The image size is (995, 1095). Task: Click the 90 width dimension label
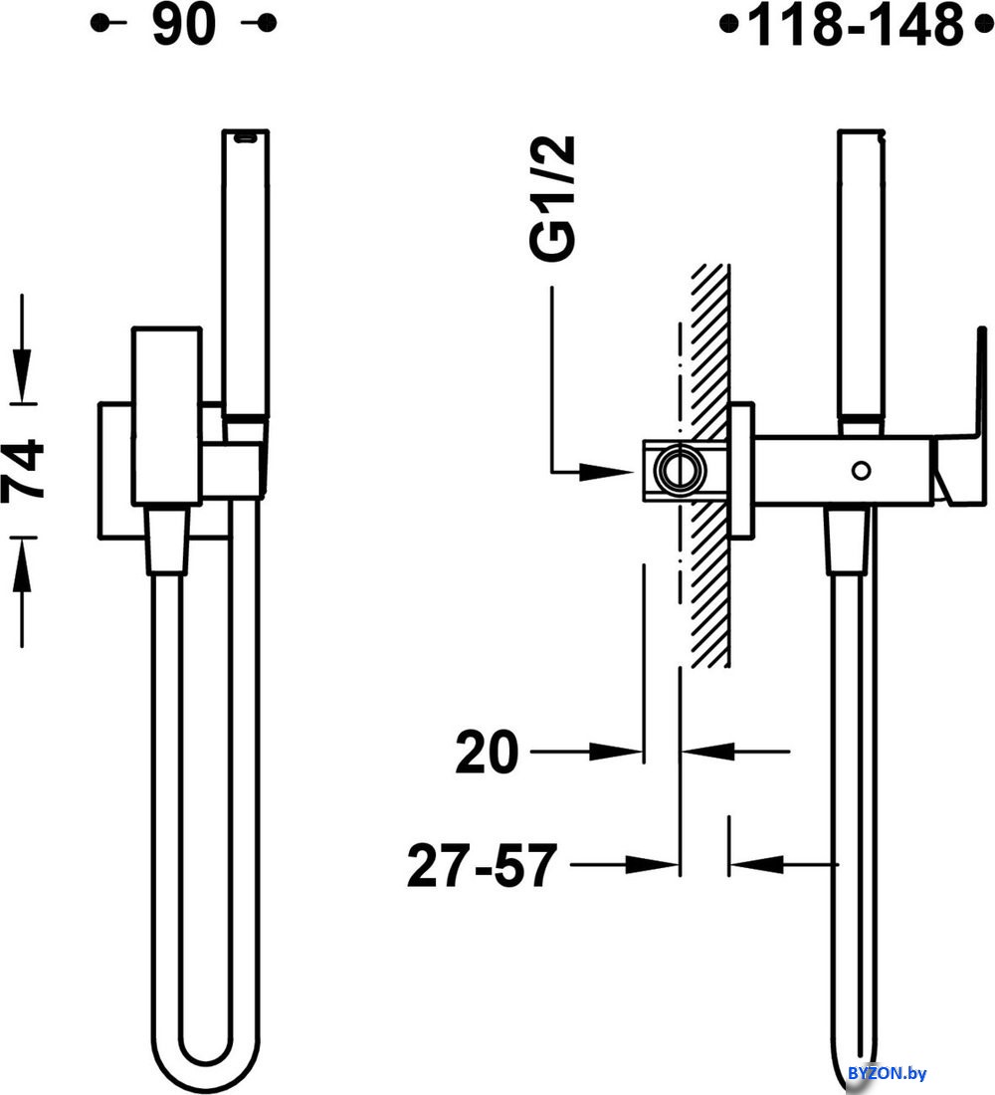(x=184, y=25)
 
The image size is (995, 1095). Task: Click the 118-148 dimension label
(x=856, y=25)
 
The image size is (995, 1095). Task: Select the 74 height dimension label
(x=23, y=469)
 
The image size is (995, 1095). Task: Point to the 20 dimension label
(x=487, y=753)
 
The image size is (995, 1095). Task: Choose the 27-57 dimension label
(x=482, y=865)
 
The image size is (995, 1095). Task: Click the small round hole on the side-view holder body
(x=861, y=470)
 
